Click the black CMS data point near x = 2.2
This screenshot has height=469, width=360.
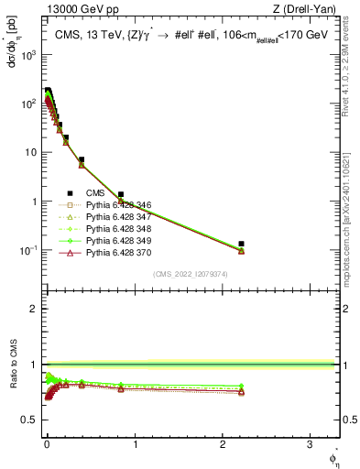click(241, 244)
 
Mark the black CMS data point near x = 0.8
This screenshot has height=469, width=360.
click(120, 194)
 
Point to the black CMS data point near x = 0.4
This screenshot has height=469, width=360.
click(82, 159)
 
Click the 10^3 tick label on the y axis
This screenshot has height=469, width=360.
click(27, 54)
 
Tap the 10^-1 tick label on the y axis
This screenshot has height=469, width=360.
click(27, 250)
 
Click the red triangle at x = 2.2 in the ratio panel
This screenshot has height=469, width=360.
click(241, 392)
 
